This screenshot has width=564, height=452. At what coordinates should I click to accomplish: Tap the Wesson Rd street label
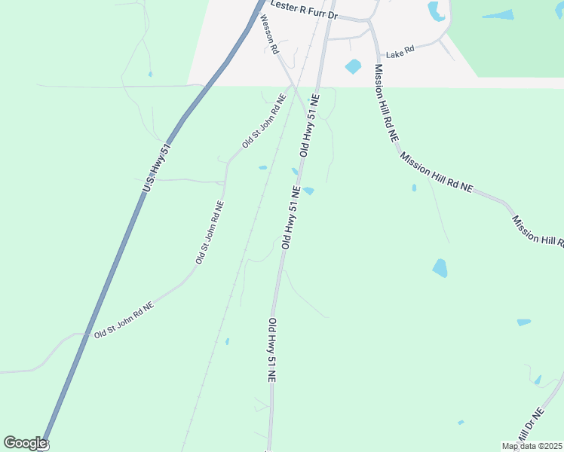pos(269,35)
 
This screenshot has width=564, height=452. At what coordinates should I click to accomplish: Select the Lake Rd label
pos(400,53)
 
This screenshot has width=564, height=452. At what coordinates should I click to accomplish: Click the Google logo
pos(25,443)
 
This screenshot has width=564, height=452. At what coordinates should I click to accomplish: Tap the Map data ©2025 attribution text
pos(532,446)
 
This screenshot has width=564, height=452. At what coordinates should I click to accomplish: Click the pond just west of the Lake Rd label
pos(353,66)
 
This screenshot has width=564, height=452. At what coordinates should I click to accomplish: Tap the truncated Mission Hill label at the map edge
pos(538,231)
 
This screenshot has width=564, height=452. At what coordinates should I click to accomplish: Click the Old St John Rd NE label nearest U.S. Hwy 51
pos(124,319)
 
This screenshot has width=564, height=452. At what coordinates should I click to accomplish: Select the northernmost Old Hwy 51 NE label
pos(310,126)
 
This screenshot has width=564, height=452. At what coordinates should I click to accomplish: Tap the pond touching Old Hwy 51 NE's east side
pos(308,191)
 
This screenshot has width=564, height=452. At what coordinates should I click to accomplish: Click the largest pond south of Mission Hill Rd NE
pos(440,267)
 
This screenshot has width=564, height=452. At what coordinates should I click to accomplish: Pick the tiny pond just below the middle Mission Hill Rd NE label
pos(414,188)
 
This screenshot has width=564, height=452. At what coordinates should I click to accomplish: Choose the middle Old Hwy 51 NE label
pos(291,218)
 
